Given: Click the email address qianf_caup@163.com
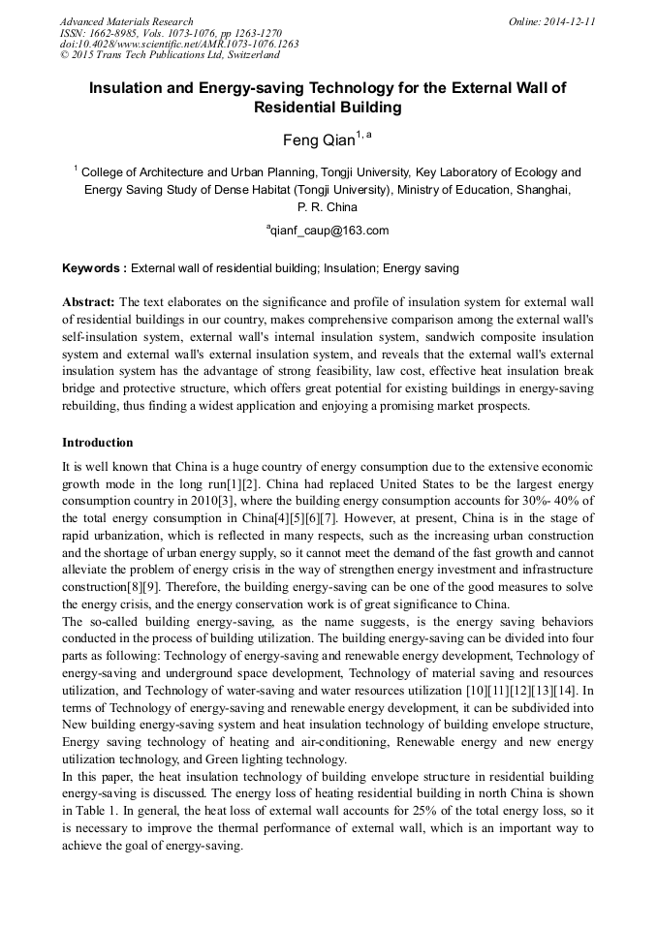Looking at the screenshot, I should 328,231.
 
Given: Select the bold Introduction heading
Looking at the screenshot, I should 98,443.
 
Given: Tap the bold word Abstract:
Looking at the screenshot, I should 88,302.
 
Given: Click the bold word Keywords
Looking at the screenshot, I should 92,267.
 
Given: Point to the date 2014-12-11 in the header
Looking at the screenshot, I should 571,21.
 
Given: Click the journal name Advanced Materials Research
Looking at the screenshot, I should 126,21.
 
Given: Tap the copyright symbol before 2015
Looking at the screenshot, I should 64,56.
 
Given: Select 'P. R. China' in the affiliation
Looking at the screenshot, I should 328,206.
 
